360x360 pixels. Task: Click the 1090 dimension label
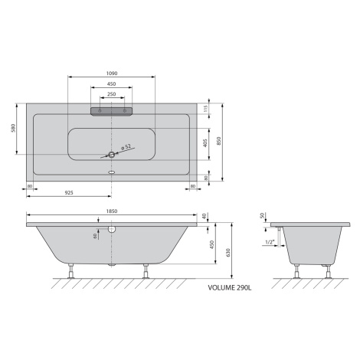pos(112,74)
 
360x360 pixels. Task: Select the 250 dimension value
pos(112,94)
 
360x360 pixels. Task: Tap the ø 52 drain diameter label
pos(126,147)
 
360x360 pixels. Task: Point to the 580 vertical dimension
pos(14,128)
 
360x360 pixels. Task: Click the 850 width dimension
pos(218,141)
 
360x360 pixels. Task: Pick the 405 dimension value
pos(205,143)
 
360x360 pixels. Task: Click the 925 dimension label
pos(69,193)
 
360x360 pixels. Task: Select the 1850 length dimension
pos(112,211)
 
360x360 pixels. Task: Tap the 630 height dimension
pos(228,253)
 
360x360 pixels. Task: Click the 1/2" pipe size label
pos(270,242)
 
